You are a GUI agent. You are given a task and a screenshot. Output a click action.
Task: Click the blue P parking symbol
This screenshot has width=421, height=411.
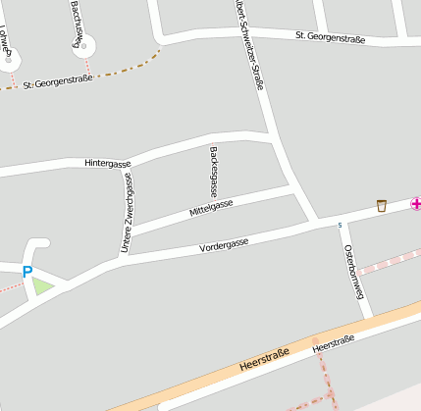point(27,272)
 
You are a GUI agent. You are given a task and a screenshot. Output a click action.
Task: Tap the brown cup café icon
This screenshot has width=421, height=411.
point(382,205)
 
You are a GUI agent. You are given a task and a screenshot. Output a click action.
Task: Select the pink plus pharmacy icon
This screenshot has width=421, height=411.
point(416,204)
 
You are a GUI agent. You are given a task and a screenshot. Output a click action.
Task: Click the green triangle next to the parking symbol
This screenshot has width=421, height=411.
point(42,285)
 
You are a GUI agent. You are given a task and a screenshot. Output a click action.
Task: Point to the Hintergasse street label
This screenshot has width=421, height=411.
point(107,162)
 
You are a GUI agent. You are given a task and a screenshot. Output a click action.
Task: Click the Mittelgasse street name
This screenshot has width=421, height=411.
point(211,209)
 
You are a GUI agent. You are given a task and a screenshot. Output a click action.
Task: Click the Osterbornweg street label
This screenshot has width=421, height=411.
point(354,270)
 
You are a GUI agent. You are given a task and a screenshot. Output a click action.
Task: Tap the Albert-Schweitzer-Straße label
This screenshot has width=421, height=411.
point(249,44)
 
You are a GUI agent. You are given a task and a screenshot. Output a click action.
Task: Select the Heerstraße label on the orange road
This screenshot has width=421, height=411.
point(264,360)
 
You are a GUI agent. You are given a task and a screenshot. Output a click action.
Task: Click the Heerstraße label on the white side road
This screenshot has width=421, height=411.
point(333,344)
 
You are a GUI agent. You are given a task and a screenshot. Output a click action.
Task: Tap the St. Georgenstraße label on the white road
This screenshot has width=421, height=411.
point(330,38)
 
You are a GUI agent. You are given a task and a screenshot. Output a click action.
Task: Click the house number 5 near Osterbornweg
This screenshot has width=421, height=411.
point(340,226)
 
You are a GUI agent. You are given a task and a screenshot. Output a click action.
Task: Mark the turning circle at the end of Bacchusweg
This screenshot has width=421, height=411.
point(84,45)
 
